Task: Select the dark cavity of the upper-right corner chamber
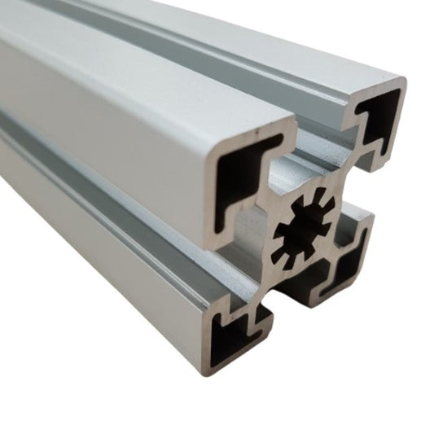(x=380, y=121)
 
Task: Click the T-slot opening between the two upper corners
(x=322, y=155)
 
